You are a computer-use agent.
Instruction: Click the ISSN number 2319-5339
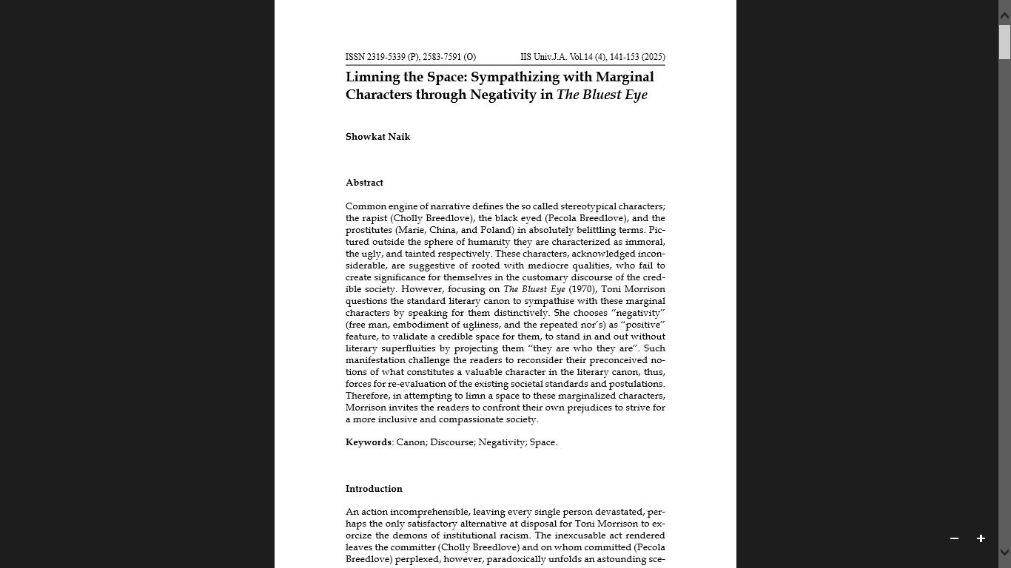click(386, 57)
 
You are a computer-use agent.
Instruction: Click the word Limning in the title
click(374, 77)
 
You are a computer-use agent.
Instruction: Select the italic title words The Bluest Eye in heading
click(602, 95)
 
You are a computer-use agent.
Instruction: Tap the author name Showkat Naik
click(377, 137)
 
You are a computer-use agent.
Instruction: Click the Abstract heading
click(364, 183)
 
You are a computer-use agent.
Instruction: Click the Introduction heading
click(374, 489)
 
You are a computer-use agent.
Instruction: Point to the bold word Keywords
click(369, 442)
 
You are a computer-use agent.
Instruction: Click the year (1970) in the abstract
click(582, 289)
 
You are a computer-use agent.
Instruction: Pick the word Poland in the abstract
click(497, 230)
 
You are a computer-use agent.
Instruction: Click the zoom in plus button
click(981, 538)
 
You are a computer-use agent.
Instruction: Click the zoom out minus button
click(954, 538)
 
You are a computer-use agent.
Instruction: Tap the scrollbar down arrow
click(1004, 552)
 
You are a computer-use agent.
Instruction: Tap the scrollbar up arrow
click(1004, 15)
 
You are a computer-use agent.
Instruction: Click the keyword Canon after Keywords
click(411, 442)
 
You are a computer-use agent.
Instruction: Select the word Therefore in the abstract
click(366, 396)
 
